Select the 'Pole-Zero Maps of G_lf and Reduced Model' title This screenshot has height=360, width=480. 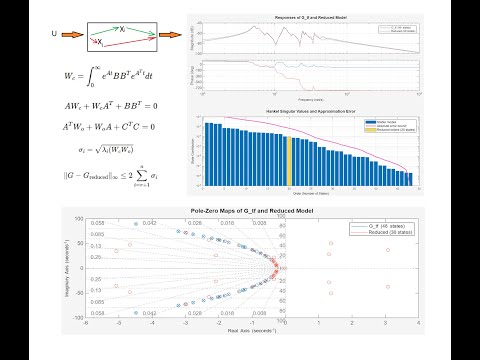[240, 210]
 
